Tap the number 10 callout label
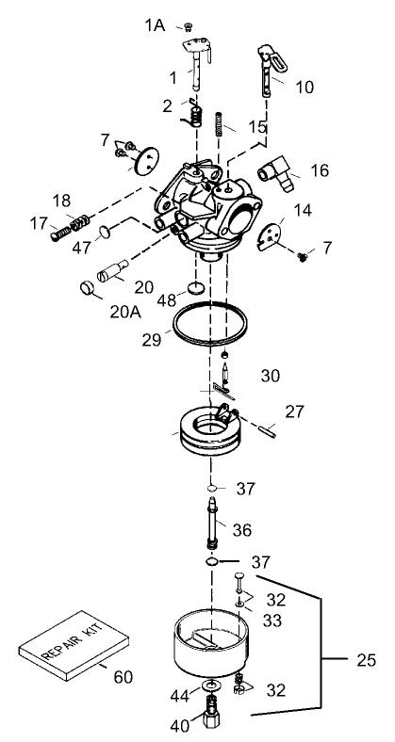[304, 88]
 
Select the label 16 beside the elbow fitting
[320, 171]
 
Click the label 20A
[124, 307]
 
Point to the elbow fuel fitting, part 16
[277, 173]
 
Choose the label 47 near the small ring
[82, 246]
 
